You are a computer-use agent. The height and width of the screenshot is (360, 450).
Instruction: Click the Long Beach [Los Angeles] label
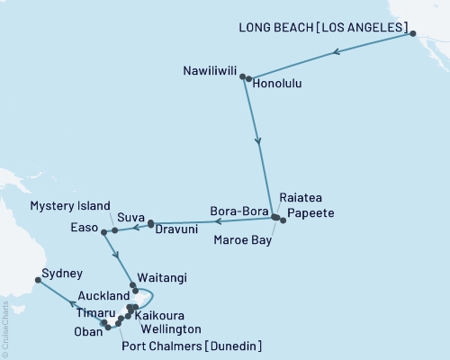(x=322, y=28)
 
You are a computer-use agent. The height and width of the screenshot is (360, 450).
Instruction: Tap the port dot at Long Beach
(x=413, y=34)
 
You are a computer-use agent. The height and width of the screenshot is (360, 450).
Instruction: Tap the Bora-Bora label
(x=239, y=212)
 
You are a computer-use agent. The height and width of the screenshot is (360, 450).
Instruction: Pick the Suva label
(x=132, y=218)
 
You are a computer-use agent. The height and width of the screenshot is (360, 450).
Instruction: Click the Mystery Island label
(x=70, y=205)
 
